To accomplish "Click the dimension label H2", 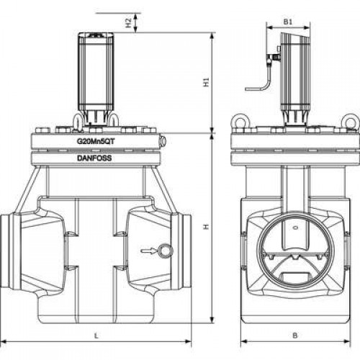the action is click(x=129, y=23).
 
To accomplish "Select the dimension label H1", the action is click(x=206, y=82).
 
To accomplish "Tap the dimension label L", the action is click(x=96, y=336).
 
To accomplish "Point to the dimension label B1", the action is click(x=288, y=22).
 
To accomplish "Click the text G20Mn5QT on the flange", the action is click(x=96, y=141).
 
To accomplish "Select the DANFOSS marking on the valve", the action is click(x=94, y=158).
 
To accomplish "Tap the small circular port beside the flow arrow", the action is click(x=165, y=251).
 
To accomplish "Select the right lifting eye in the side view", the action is click(x=349, y=122).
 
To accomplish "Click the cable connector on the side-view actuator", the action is click(x=273, y=58).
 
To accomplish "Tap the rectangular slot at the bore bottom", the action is click(x=294, y=276).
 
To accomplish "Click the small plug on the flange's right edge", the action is click(x=163, y=141).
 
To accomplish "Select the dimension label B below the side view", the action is click(x=295, y=336).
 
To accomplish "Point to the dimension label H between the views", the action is click(x=206, y=227).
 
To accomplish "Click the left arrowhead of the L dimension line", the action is click(x=5, y=341).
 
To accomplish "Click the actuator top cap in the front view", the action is click(x=96, y=35).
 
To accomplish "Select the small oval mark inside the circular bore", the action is click(x=296, y=228).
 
